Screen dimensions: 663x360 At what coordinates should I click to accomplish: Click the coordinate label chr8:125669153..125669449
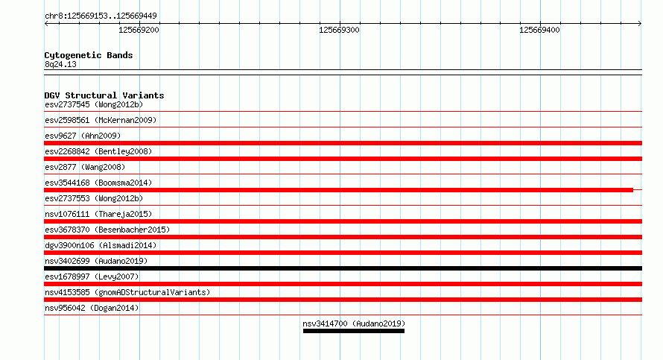[101, 16]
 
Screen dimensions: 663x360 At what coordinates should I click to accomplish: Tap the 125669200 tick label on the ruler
[139, 30]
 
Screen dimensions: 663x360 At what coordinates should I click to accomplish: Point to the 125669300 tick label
[339, 30]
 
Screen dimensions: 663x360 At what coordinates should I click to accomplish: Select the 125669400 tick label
[539, 30]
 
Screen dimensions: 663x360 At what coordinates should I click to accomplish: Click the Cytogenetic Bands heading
[89, 55]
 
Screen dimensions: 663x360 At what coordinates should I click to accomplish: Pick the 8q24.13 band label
[60, 65]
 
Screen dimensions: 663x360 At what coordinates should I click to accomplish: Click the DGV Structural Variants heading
[104, 95]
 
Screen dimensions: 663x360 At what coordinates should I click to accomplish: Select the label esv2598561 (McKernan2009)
[101, 121]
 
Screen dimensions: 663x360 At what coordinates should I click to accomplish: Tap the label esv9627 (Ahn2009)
[83, 136]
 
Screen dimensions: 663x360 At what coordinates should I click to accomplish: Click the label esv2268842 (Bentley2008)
[98, 152]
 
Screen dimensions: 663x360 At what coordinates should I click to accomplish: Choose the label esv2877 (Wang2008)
[85, 168]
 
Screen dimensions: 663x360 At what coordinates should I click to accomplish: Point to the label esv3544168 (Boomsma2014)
[98, 183]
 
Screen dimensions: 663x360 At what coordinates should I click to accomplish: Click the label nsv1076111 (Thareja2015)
[98, 215]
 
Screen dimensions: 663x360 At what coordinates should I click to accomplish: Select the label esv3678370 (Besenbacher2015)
[107, 230]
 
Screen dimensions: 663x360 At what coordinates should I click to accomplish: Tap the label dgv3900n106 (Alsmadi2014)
[101, 246]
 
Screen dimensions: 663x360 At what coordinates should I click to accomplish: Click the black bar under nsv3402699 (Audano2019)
[343, 268]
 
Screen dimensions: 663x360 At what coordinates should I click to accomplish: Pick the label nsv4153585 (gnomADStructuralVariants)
[127, 293]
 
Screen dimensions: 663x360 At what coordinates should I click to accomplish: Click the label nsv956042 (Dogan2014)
[92, 309]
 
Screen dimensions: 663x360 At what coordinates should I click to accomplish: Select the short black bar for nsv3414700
[354, 331]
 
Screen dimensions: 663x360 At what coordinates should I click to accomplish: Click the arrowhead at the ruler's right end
[640, 24]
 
